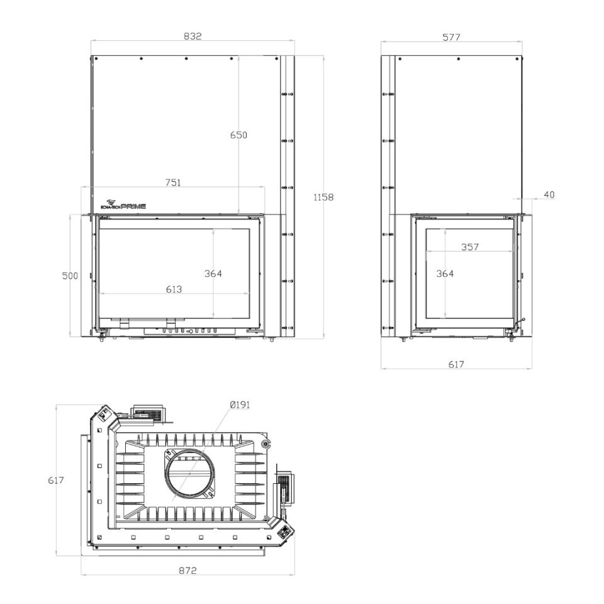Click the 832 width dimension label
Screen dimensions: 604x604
coord(193,36)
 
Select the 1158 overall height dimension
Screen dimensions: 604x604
coord(323,197)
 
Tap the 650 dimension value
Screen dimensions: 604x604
coord(238,135)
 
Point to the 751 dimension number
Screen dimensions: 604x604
coord(173,182)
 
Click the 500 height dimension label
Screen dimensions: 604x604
coord(70,276)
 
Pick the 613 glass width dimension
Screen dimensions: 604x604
coord(174,289)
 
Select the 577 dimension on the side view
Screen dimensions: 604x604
coord(452,37)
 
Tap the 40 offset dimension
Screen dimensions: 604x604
coord(549,194)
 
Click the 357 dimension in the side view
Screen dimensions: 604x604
coord(470,247)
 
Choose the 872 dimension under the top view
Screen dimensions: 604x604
coord(187,570)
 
